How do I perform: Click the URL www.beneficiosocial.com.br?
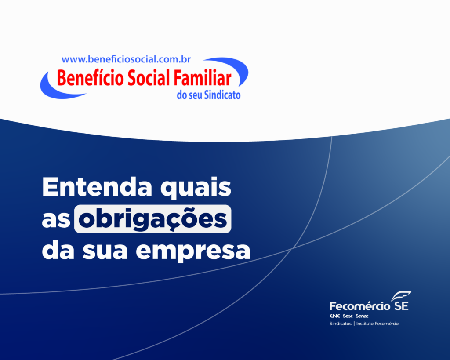126,59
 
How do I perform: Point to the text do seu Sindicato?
208,95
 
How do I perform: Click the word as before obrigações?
56,219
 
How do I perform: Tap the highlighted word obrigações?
152,219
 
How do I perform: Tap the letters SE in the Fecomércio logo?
402,305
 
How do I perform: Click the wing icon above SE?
400,295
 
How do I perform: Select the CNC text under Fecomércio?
335,316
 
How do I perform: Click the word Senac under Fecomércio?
362,316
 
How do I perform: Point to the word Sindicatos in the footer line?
341,324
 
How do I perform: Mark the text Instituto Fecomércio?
377,324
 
